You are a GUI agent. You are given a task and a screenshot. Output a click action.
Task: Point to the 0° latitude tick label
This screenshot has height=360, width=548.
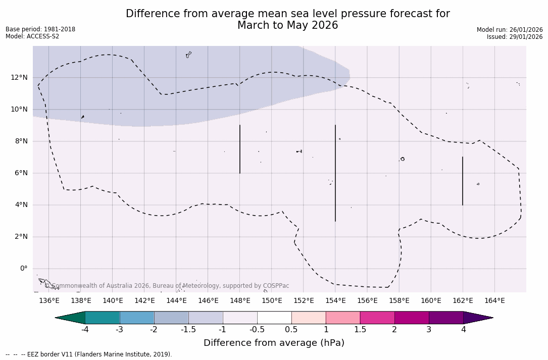click(x=23, y=269)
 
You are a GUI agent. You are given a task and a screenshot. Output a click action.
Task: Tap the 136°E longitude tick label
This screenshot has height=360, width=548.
click(x=49, y=301)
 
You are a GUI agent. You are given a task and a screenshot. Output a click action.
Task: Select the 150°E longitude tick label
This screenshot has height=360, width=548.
click(x=272, y=301)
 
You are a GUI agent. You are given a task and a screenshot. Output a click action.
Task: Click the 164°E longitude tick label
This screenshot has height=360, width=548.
click(x=494, y=301)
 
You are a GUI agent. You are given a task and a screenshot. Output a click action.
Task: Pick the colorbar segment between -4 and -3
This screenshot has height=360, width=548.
click(x=103, y=318)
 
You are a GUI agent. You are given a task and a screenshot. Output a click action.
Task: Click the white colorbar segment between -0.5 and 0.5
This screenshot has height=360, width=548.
click(x=274, y=318)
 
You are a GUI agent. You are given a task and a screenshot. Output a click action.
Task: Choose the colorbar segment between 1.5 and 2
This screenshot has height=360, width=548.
click(x=377, y=318)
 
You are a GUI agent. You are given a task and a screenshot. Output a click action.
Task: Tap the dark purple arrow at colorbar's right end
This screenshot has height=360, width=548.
click(x=477, y=318)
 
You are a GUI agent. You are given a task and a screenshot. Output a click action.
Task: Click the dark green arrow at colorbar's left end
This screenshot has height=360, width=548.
click(x=71, y=318)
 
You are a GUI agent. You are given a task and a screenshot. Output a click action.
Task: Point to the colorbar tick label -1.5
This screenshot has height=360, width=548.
click(x=188, y=330)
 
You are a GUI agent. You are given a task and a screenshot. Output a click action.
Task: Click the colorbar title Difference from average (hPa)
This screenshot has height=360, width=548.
click(x=274, y=343)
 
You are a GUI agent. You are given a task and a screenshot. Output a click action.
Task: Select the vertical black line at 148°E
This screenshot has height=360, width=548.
click(x=240, y=149)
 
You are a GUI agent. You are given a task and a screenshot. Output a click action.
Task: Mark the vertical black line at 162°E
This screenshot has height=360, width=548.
click(x=463, y=181)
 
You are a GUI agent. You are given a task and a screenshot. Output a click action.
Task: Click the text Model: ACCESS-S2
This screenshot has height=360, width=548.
click(x=32, y=36)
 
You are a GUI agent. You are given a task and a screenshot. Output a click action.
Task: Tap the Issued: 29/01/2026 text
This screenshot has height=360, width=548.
click(x=515, y=37)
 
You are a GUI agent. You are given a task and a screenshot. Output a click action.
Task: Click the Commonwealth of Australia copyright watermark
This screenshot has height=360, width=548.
click(x=167, y=286)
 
